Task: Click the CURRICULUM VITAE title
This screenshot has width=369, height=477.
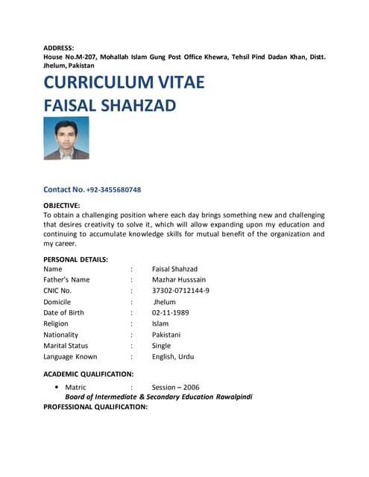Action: [x=124, y=82]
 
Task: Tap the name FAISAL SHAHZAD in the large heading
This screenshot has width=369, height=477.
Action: [x=110, y=105]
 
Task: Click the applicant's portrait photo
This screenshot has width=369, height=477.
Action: [x=66, y=138]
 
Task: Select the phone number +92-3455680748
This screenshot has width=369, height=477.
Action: [x=114, y=190]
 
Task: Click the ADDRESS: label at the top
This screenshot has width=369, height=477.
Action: [x=59, y=48]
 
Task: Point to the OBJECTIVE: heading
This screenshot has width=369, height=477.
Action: [x=62, y=205]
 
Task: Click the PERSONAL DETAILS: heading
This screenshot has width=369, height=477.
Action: [x=76, y=259]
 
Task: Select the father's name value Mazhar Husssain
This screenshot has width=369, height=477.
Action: [x=180, y=279]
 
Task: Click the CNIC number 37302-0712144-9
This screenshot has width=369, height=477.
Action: [x=180, y=291]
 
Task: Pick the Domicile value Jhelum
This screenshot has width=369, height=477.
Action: [x=165, y=302]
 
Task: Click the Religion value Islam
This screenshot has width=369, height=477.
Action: [x=160, y=323]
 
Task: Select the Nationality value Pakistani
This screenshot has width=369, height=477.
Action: [x=166, y=335]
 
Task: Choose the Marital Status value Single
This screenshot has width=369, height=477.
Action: [x=161, y=346]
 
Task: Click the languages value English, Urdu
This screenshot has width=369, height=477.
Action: [x=173, y=357]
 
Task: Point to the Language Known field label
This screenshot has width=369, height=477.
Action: [x=71, y=357]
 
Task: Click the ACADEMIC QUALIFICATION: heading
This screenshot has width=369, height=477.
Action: [x=89, y=373]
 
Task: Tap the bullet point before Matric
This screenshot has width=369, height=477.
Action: [x=57, y=388]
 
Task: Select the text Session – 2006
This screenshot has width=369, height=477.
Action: [x=176, y=388]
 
